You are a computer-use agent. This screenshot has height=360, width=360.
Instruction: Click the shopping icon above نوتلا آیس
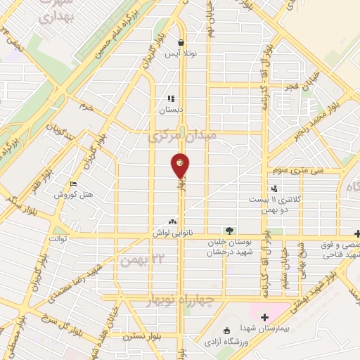pos(181,42)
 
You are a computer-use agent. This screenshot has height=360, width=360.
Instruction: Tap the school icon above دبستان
pos(170,99)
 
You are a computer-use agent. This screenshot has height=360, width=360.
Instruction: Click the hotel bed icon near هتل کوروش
pos(74,184)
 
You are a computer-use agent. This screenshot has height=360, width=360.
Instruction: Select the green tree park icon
pos(228,230)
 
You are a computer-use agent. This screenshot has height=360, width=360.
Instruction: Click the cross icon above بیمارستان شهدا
pos(264,318)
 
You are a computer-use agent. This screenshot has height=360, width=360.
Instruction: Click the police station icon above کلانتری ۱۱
pos(274,188)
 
